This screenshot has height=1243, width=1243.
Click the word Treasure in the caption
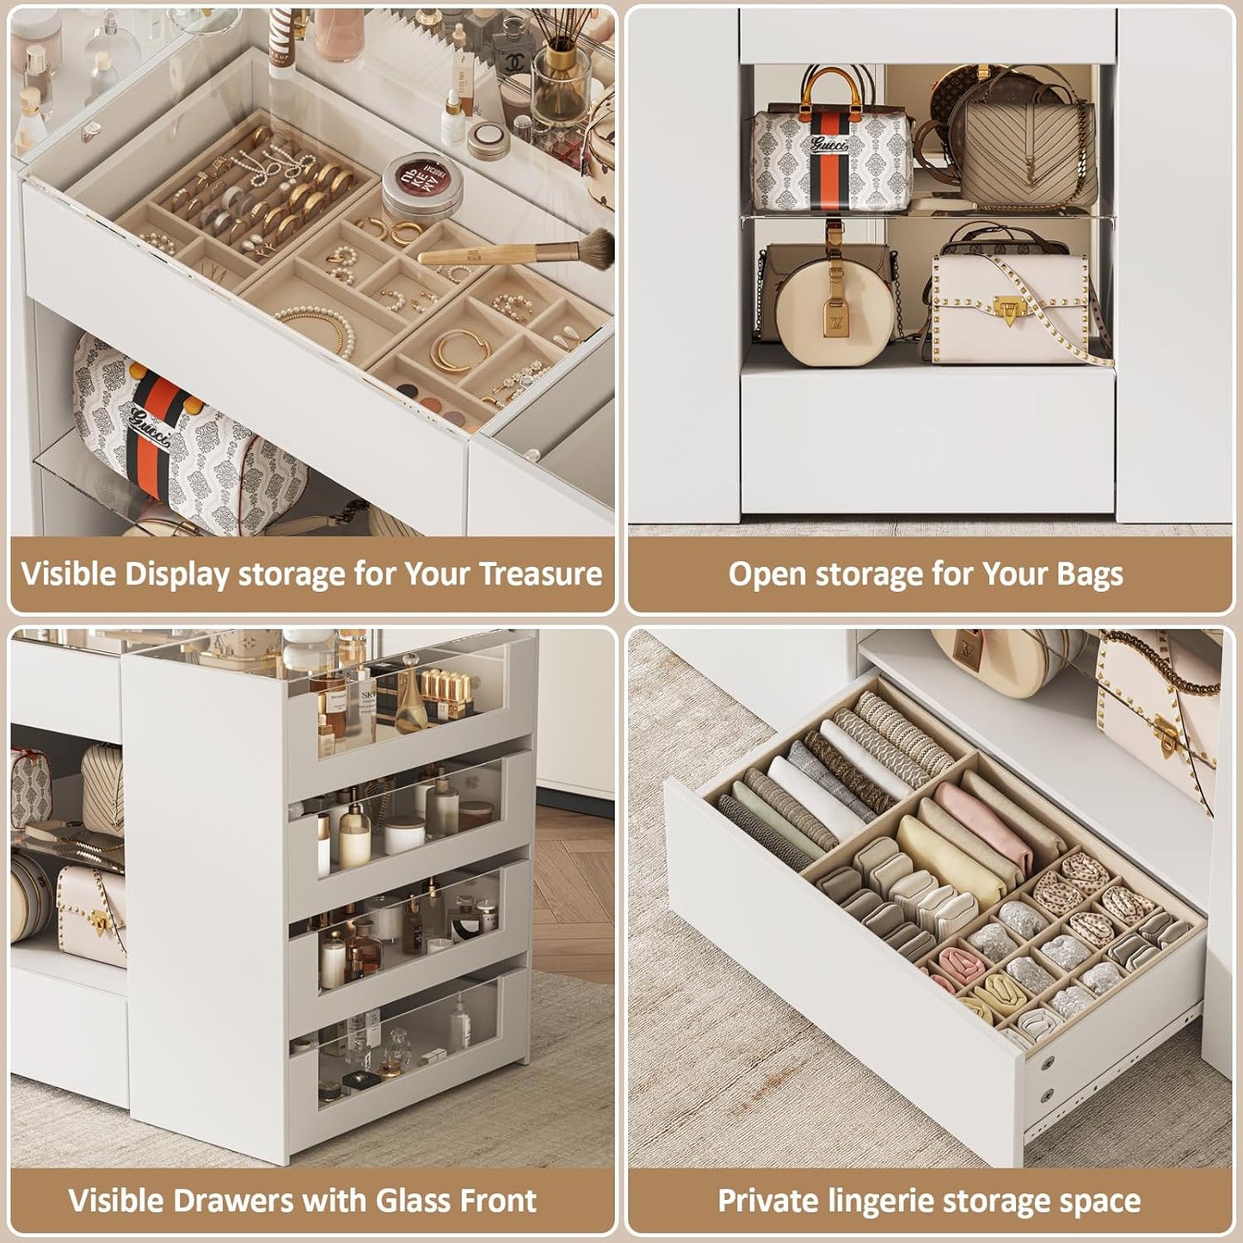coord(540,574)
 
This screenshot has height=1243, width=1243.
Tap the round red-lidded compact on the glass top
coord(422,185)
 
